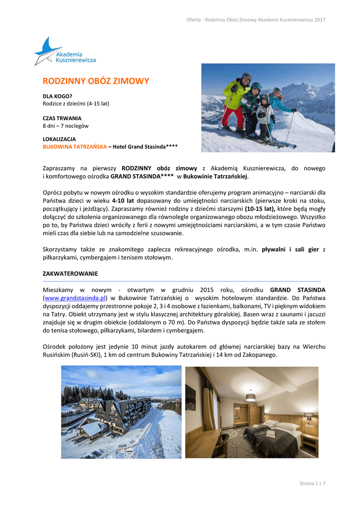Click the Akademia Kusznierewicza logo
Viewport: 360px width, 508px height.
tap(65, 52)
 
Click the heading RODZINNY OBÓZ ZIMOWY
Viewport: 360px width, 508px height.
tap(95, 81)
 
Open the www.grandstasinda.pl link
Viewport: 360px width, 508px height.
tap(75, 298)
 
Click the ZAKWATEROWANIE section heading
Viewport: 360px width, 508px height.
tap(70, 273)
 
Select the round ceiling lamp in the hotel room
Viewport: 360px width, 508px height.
tap(251, 397)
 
